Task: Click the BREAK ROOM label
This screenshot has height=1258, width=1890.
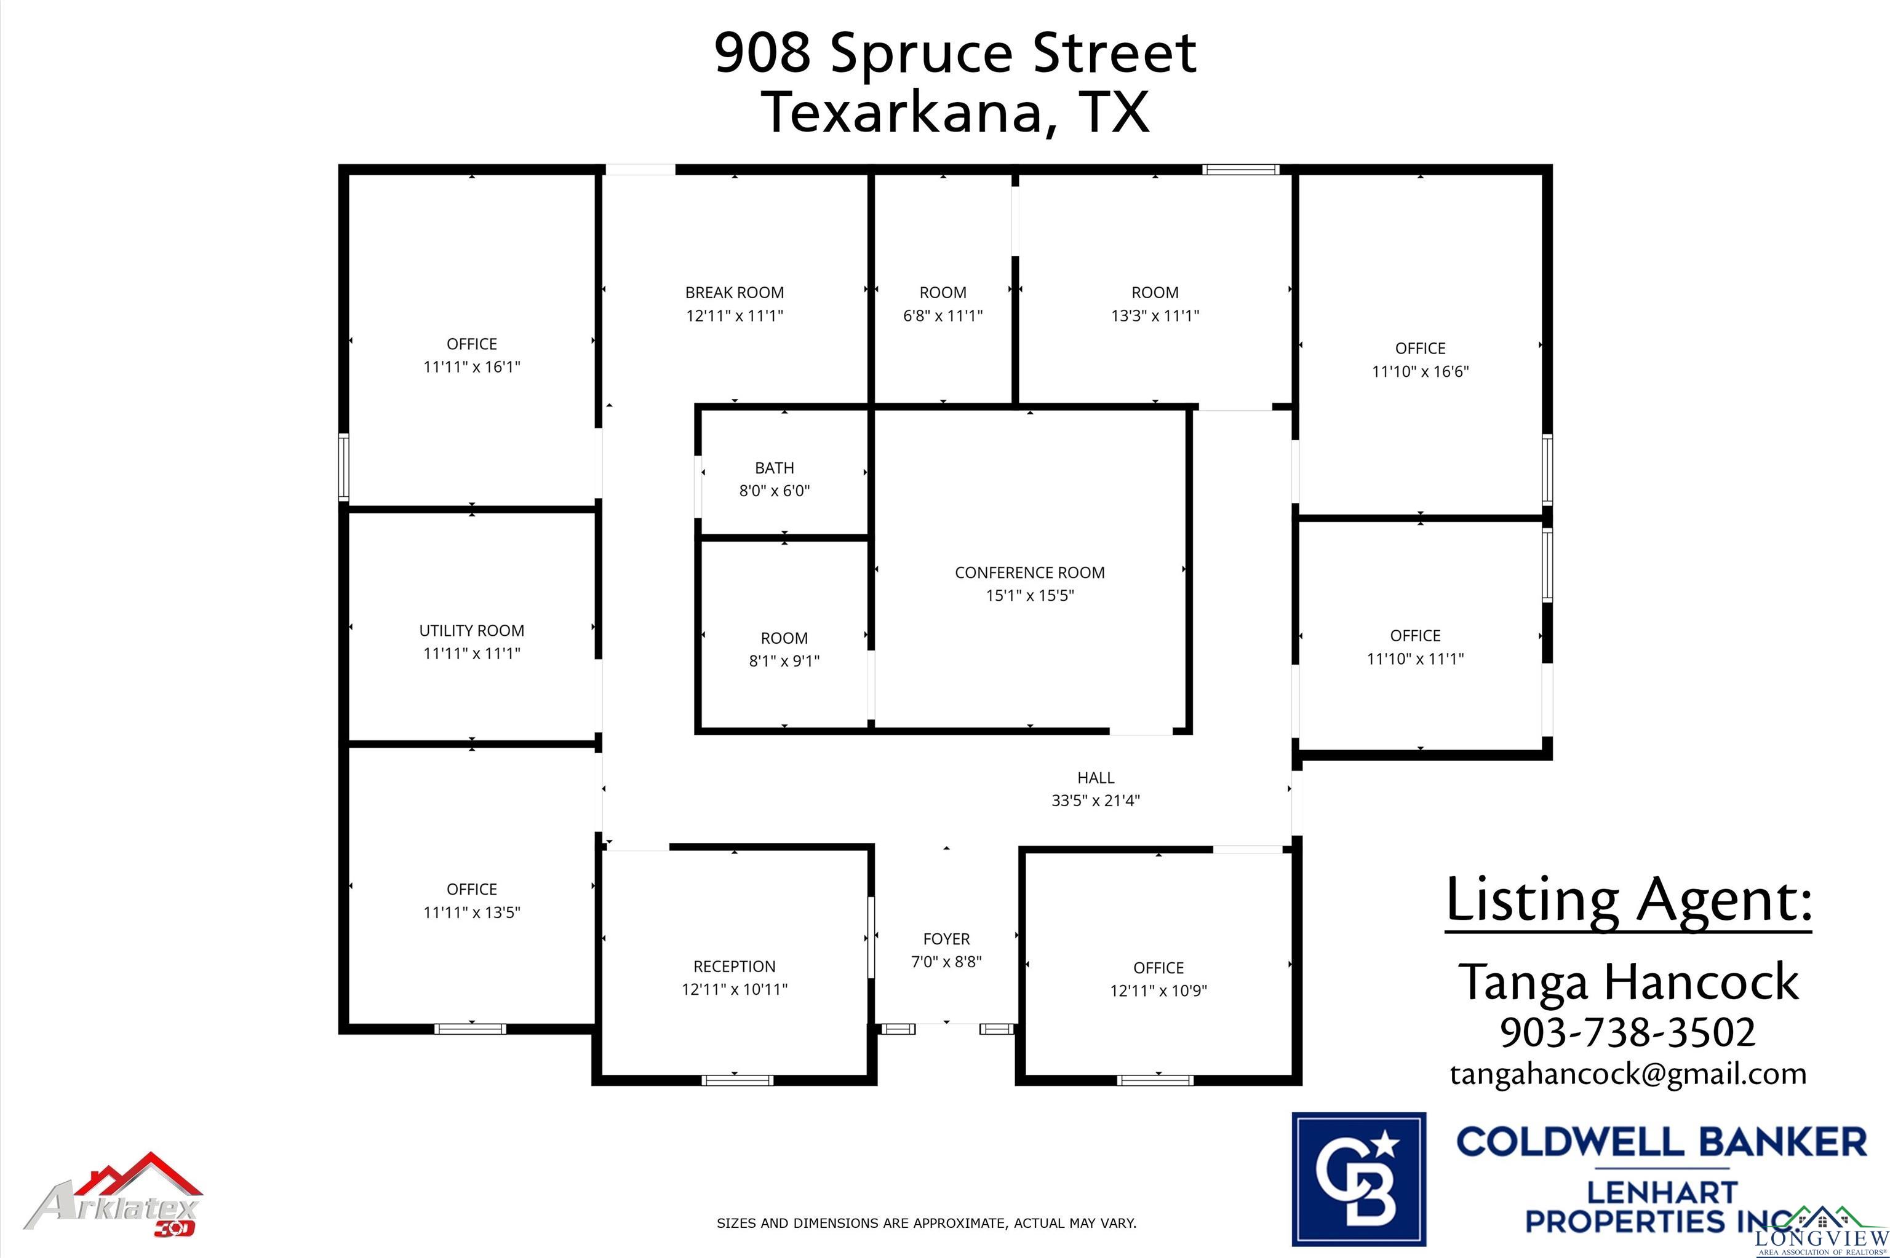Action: pos(735,293)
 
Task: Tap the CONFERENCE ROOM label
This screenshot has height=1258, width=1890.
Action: pos(1030,573)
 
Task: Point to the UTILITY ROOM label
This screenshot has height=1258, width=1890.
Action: pos(472,631)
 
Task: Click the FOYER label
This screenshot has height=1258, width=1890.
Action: pos(946,939)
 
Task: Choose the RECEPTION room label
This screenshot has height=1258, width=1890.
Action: pos(735,966)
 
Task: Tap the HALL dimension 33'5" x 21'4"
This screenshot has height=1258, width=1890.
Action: pos(1096,801)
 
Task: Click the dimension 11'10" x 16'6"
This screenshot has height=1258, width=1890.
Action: pos(1421,371)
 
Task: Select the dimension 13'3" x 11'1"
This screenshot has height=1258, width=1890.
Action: pos(1155,316)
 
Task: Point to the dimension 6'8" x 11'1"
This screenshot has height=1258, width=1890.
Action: pos(943,316)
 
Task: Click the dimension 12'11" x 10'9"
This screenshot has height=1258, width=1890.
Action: pos(1158,991)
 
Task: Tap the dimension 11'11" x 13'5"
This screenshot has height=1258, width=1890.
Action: pos(472,912)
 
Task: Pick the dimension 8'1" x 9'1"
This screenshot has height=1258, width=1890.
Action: pos(784,661)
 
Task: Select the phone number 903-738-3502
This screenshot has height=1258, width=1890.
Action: pos(1627,1032)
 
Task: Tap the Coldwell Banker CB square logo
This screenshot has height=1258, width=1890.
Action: pos(1358,1179)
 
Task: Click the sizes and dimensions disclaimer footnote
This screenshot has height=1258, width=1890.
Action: pos(926,1224)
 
